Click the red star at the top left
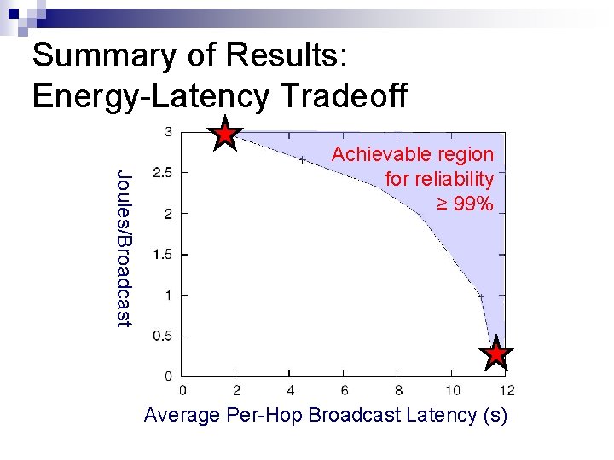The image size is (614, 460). click(x=224, y=134)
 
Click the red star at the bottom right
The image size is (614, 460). click(x=496, y=354)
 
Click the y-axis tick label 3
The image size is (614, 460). click(x=169, y=131)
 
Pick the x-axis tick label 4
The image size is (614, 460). click(x=291, y=391)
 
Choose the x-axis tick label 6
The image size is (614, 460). click(x=345, y=391)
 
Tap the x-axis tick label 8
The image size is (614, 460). click(x=399, y=391)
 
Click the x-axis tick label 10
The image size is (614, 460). click(x=453, y=391)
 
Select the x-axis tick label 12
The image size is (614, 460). click(x=507, y=391)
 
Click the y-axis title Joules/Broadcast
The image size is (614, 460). click(x=125, y=247)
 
